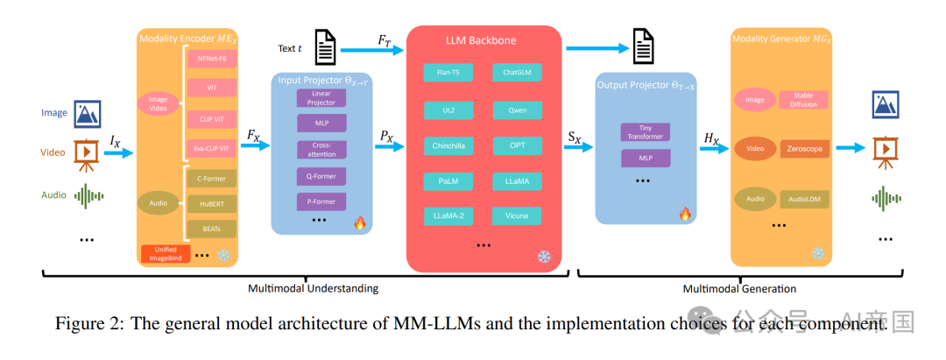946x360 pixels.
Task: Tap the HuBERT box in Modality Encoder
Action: point(210,203)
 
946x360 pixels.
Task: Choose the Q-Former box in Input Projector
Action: point(321,175)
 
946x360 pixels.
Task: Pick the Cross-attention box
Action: point(321,149)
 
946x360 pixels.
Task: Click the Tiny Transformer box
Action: point(645,132)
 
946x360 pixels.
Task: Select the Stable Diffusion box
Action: point(803,100)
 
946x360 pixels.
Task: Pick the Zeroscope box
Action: point(803,150)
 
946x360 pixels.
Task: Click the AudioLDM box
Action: point(803,200)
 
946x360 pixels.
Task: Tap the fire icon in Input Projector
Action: point(360,222)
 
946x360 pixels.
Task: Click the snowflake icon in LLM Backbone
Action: point(544,257)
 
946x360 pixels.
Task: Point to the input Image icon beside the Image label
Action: point(87,114)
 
